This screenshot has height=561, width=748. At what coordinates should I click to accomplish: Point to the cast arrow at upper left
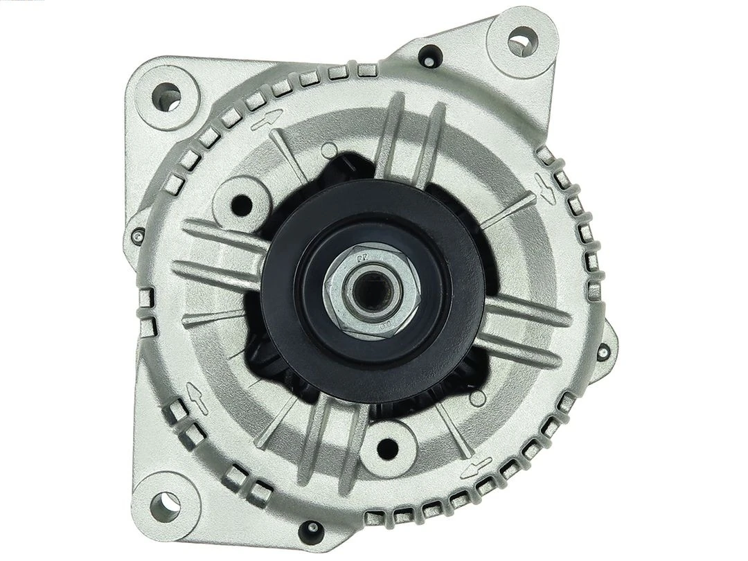[267, 119]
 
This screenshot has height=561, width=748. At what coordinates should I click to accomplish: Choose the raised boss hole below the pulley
[388, 447]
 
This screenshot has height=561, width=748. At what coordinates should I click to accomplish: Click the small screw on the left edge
[139, 238]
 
